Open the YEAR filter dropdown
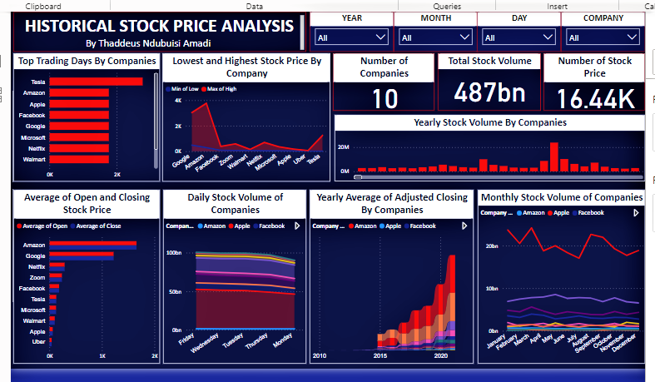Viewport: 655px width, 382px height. point(352,37)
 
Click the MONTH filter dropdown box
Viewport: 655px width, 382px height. point(435,37)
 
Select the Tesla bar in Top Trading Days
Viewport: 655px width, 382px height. point(96,82)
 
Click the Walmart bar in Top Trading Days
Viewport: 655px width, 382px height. point(79,158)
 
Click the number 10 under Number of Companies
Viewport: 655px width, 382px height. point(385,99)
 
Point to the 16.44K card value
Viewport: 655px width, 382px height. point(595,99)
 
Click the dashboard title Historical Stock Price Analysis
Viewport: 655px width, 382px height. point(159,26)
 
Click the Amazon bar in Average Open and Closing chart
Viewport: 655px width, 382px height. point(92,245)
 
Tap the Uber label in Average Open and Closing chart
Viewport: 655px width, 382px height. point(37,342)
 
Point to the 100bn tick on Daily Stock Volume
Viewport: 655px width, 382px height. point(175,252)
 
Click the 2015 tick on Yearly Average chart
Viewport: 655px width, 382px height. point(379,355)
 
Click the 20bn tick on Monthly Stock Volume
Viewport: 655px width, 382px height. point(490,246)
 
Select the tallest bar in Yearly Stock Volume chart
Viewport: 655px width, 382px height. point(553,156)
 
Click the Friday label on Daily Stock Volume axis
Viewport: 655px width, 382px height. point(185,341)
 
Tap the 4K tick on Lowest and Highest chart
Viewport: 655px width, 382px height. point(177,100)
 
